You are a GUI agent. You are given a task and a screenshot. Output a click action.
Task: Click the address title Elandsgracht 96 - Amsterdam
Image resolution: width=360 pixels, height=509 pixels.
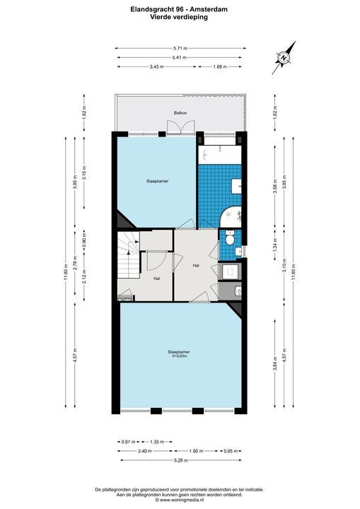[180, 9]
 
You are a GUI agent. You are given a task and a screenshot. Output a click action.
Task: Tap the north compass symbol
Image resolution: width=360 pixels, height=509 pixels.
[284, 57]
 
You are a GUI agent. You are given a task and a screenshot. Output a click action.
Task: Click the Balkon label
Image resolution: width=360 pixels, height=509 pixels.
[180, 113]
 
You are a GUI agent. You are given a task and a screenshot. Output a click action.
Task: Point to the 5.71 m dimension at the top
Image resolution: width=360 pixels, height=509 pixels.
[180, 48]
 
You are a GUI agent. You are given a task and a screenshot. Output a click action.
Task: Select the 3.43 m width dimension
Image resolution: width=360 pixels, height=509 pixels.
[156, 66]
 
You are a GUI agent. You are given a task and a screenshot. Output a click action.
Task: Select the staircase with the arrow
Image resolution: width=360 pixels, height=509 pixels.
[127, 258]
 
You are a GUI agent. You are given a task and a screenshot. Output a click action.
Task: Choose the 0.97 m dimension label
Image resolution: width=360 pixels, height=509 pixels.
[125, 440]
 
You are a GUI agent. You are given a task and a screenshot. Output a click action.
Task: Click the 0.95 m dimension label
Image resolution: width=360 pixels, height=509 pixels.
[228, 450]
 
